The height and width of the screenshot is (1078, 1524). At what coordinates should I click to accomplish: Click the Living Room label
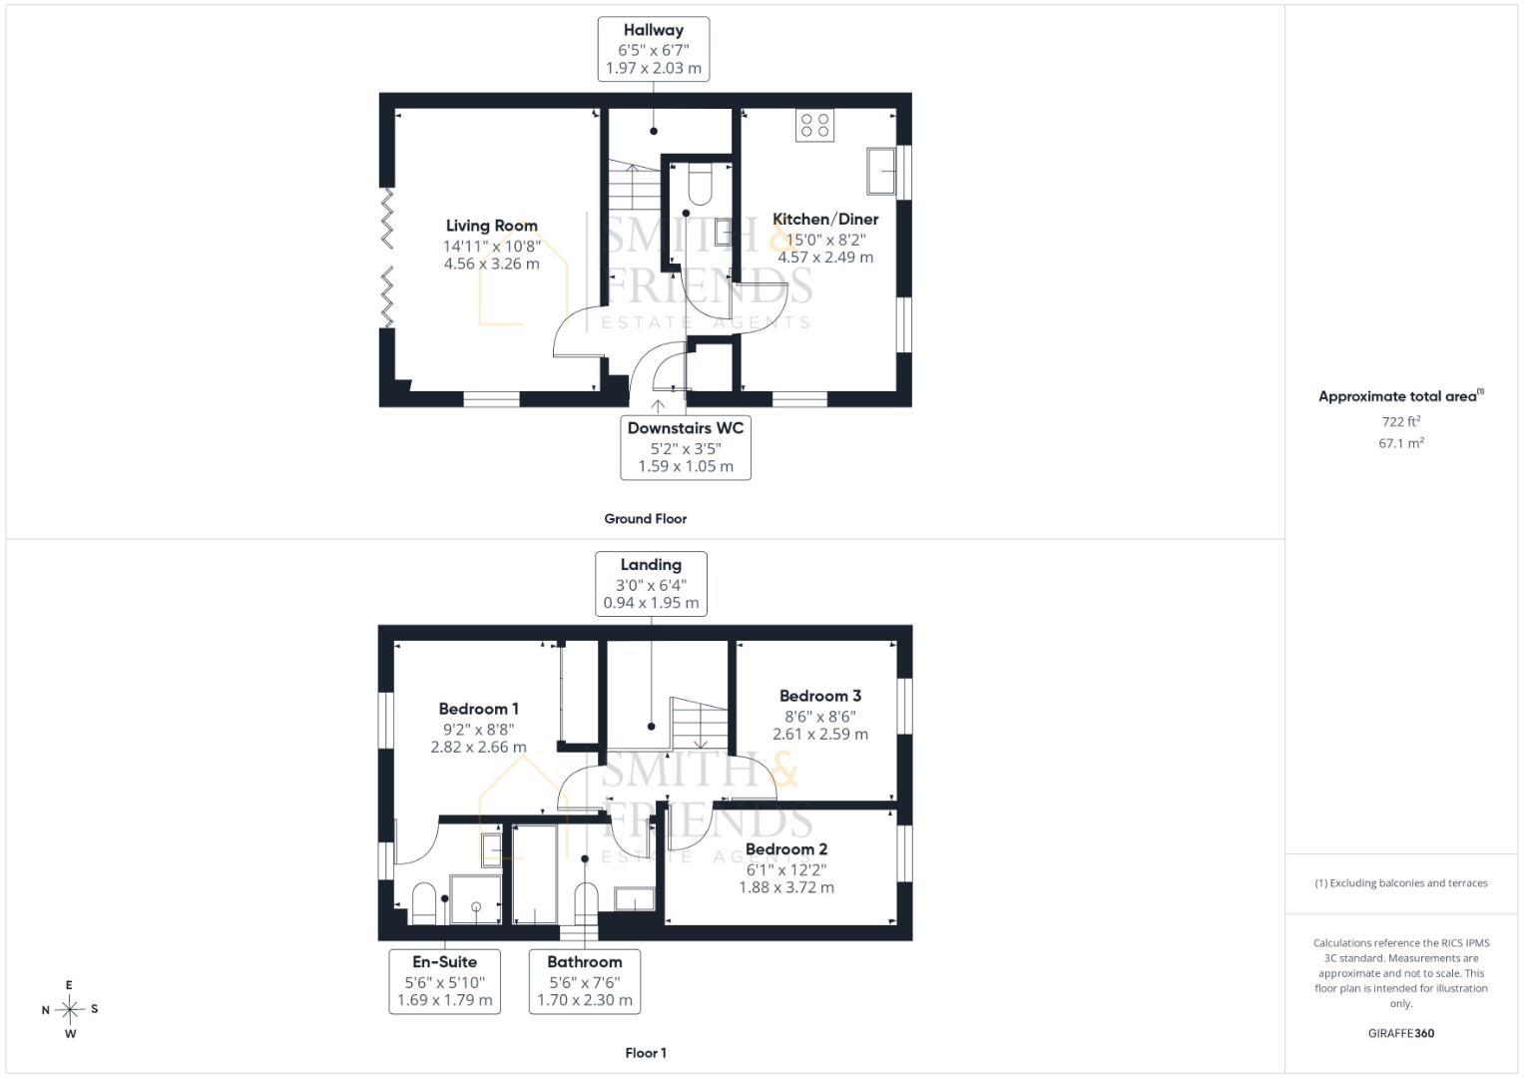coord(492,226)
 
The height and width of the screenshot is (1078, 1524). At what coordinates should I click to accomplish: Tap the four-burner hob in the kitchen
coord(814,125)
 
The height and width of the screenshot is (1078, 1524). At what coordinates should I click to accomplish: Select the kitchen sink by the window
coord(881,171)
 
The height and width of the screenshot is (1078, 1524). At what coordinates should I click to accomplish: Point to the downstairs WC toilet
coord(700,184)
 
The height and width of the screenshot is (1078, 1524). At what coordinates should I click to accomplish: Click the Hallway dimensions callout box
coord(653,49)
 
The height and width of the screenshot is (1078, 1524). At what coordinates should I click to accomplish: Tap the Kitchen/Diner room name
coord(825,220)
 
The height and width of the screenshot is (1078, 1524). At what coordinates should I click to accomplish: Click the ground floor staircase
coord(634,185)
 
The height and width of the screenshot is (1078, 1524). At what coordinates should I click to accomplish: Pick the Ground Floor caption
coord(645,519)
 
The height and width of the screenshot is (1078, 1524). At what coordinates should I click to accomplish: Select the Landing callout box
coord(651,584)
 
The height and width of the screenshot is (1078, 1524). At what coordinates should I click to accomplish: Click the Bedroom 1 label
coord(478,709)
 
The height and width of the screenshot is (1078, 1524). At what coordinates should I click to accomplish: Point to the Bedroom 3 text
coord(819,697)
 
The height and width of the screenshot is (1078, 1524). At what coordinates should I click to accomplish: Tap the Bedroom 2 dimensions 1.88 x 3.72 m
coord(785,887)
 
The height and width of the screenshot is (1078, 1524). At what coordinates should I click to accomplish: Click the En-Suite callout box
coord(444,981)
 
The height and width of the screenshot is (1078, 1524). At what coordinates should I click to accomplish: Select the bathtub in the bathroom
coord(535,874)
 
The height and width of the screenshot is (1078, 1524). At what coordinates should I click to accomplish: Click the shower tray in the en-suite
coord(476,899)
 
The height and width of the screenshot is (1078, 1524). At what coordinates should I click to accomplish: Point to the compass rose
coord(70,1009)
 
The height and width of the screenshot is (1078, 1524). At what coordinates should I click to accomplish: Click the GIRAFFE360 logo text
coord(1401,1033)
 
